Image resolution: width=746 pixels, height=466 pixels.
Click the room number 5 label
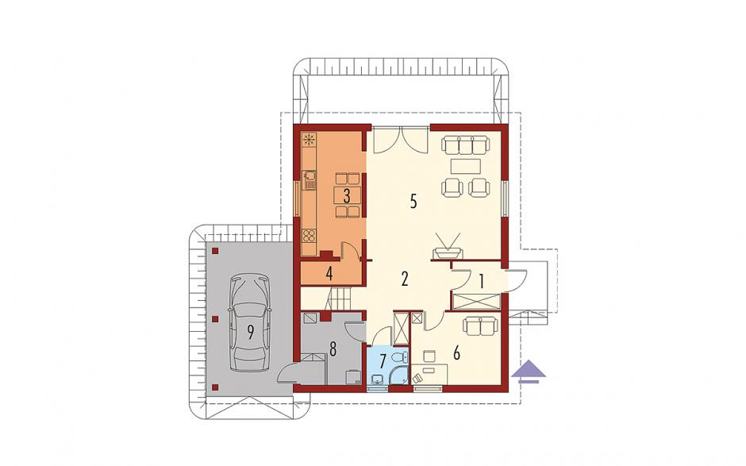click(413, 202)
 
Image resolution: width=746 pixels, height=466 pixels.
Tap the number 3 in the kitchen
click(347, 195)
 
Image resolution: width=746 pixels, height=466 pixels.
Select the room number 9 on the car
click(250, 333)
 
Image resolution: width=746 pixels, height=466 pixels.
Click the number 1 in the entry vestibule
click(482, 282)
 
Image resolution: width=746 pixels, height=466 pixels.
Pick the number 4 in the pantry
click(329, 275)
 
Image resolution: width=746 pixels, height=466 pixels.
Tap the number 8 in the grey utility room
click(333, 350)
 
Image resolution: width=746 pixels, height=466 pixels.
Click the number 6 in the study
click(457, 353)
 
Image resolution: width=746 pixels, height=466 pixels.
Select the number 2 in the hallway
click(405, 279)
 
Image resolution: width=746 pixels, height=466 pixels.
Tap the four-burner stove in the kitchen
click(309, 235)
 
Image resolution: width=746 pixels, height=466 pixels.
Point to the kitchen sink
click(310, 180)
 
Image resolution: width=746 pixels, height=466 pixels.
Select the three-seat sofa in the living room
click(465, 144)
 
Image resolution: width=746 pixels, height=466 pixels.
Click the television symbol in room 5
click(447, 248)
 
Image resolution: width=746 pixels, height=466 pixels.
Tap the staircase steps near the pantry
click(337, 299)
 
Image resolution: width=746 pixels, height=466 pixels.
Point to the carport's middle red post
click(215, 319)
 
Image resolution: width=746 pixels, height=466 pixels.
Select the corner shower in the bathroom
click(399, 374)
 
